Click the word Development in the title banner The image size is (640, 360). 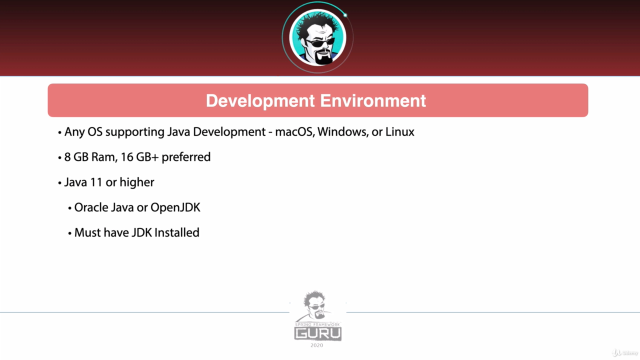260,101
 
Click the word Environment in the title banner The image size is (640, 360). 373,100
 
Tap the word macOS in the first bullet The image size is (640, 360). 294,132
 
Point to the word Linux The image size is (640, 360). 399,132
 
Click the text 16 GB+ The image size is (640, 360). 139,157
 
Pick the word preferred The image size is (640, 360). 186,157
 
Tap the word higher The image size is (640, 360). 137,183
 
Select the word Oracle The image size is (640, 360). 91,207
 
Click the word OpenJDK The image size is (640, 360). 175,207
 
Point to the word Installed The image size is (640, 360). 177,232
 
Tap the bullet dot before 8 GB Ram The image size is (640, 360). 59,157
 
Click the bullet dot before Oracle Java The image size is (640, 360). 69,208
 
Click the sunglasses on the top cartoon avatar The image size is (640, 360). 320,43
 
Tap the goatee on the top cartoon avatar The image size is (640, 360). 323,57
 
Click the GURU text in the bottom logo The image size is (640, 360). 318,333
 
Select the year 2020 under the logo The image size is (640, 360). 317,345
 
